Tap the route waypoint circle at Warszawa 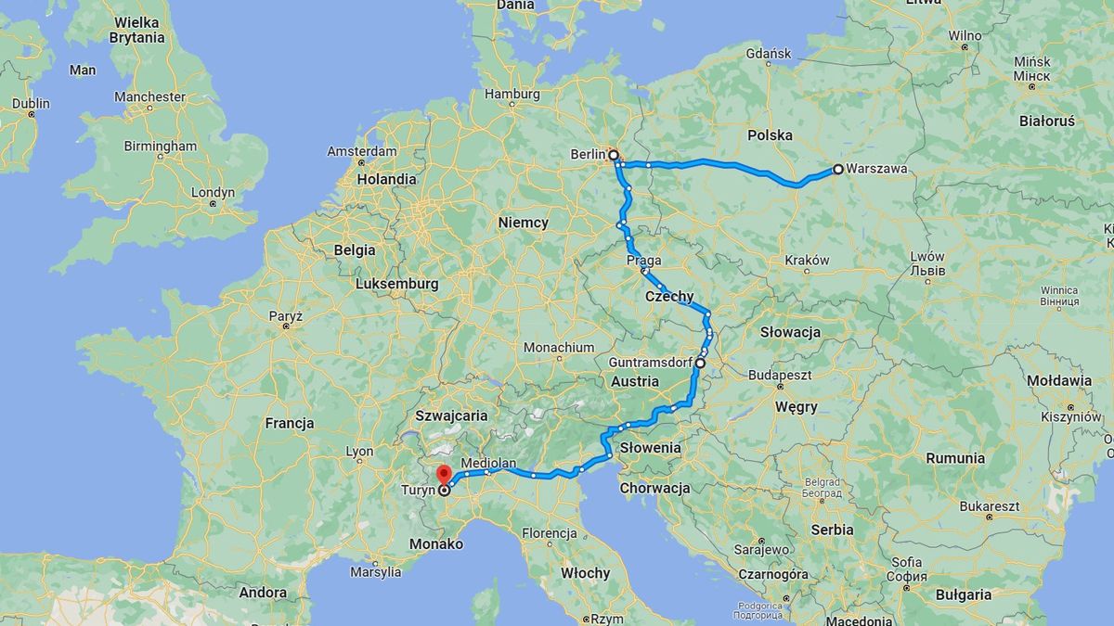[837, 170]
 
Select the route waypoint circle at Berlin [614, 155]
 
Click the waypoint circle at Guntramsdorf [701, 364]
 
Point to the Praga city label [644, 262]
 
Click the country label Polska [770, 135]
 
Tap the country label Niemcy [523, 223]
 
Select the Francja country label [290, 423]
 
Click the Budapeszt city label [781, 376]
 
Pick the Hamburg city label [512, 94]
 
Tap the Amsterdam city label [362, 151]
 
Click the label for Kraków [806, 261]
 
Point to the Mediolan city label [488, 461]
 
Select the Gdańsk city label [768, 54]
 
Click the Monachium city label [559, 347]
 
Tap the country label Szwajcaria [452, 416]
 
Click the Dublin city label [32, 104]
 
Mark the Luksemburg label [396, 283]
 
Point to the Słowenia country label [651, 448]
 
